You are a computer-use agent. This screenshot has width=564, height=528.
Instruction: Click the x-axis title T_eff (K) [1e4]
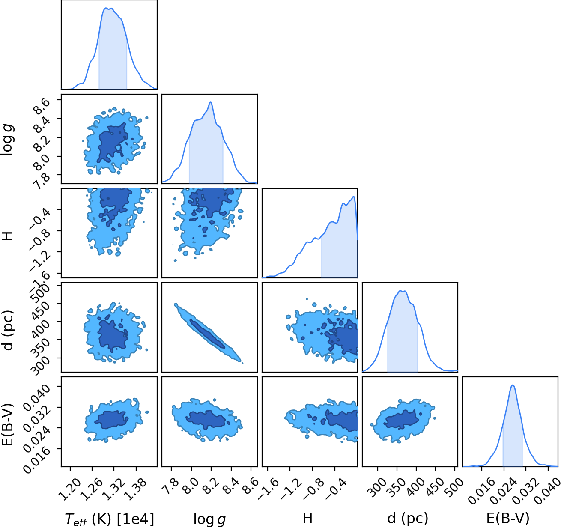click(x=109, y=519)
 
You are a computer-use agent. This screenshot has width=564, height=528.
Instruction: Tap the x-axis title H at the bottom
click(x=307, y=518)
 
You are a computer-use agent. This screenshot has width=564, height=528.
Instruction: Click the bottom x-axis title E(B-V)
click(x=508, y=519)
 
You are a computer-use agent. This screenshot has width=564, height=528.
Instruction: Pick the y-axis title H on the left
click(x=8, y=236)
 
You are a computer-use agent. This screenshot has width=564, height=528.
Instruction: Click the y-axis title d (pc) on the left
click(x=8, y=331)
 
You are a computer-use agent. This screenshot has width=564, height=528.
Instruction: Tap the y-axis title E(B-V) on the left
click(x=8, y=424)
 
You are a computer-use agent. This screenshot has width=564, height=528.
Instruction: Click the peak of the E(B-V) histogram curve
click(x=513, y=385)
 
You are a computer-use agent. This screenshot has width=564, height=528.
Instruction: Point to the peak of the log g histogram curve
click(x=210, y=102)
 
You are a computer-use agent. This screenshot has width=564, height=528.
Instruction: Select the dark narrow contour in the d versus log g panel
click(x=207, y=334)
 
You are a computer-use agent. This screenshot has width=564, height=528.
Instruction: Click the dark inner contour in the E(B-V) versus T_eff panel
click(x=111, y=420)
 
